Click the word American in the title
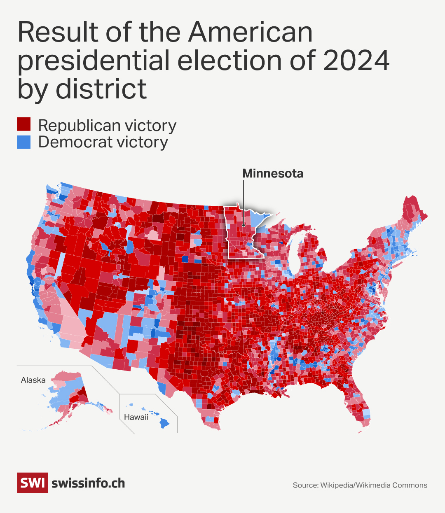pos(251,32)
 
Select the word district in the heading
pos(101,89)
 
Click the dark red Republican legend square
pos(23,124)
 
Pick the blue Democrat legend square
pos(23,142)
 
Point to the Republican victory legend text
pos(107,125)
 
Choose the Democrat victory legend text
pos(103,142)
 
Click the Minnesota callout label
pos(273,173)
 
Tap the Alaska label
pos(33,380)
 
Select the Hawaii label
pos(136,417)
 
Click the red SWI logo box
pos(32,483)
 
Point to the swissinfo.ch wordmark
pos(88,483)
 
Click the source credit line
pos(360,485)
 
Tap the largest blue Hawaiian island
pos(164,423)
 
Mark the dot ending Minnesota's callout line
pos(244,225)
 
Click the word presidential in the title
pos(94,61)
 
